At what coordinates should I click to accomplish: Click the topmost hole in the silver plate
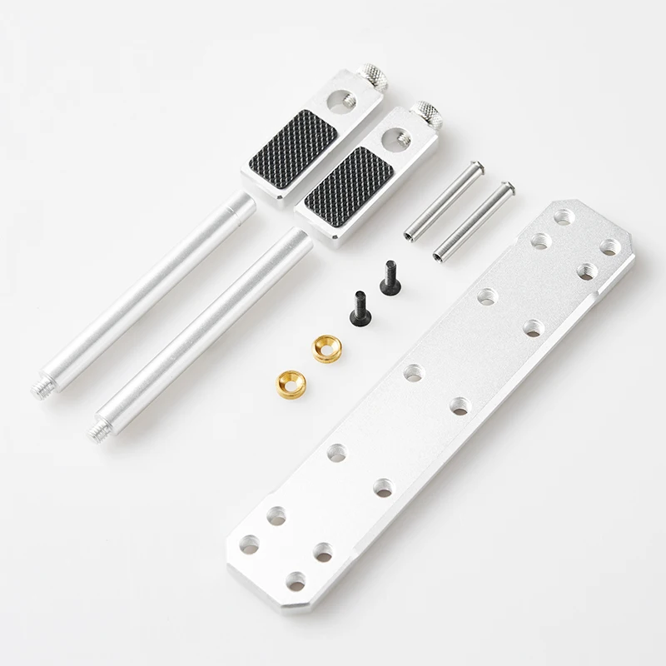564,216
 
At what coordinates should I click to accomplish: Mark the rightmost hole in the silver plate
610,246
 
